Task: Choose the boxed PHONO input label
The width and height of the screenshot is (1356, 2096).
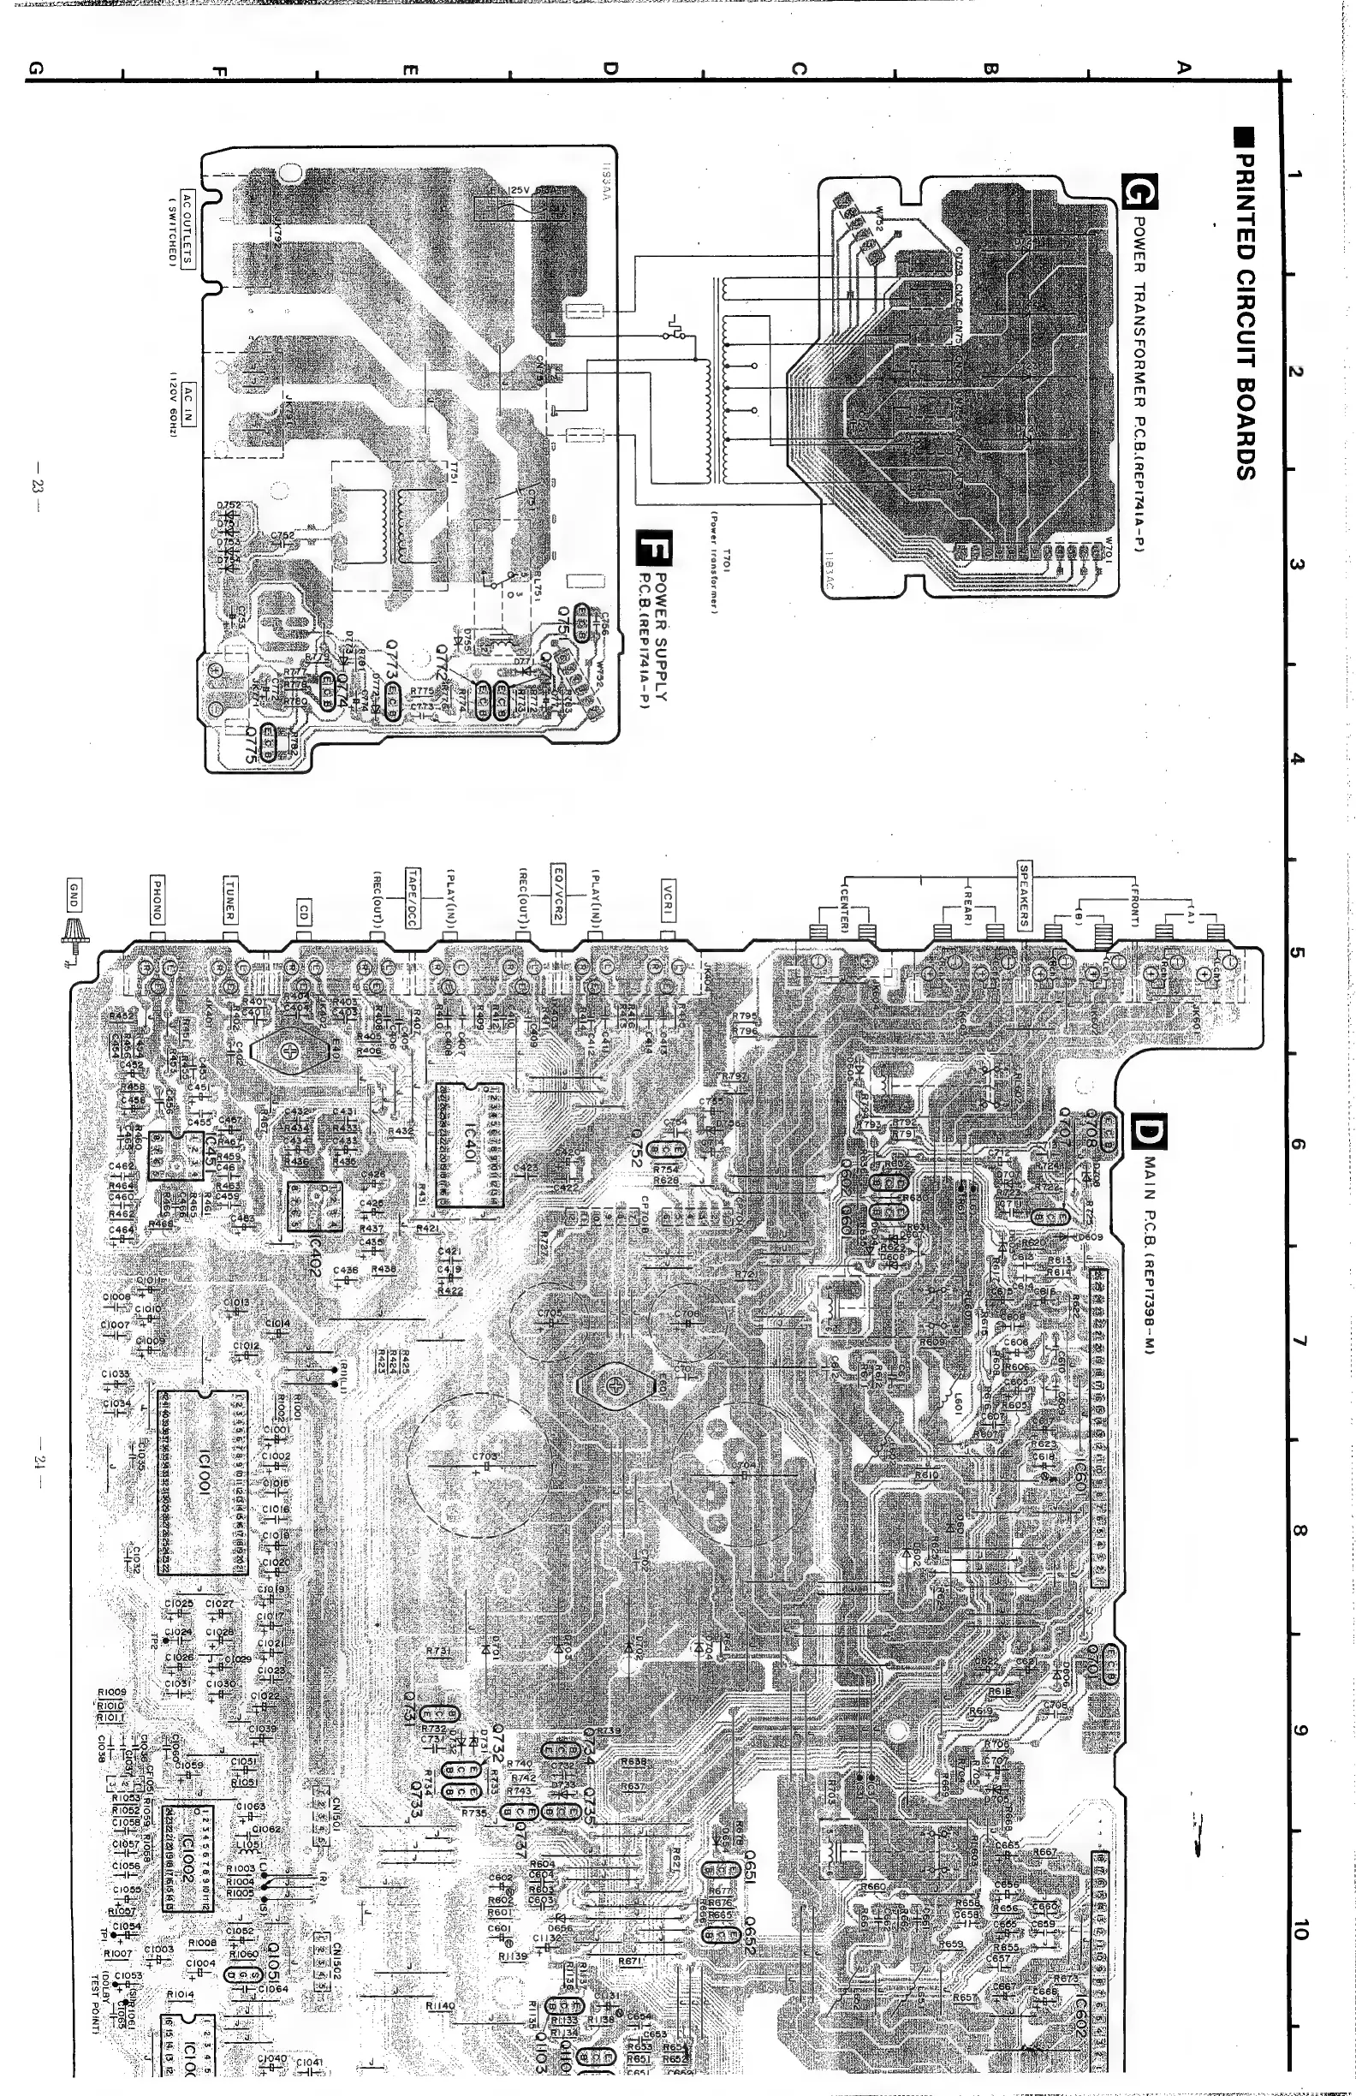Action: click(x=157, y=897)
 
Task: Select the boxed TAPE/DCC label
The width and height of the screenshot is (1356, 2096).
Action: click(x=412, y=897)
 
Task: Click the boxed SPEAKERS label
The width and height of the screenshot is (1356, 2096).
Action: click(x=1024, y=893)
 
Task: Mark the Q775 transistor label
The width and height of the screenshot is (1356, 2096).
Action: click(x=253, y=745)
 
